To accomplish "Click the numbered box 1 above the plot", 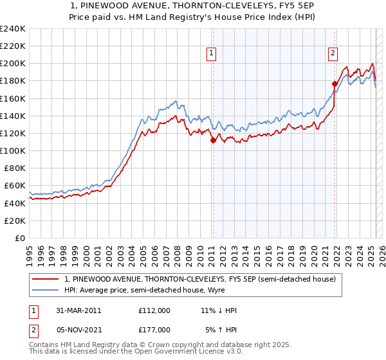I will coord(212,54).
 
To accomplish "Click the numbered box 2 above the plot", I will coord(333,54).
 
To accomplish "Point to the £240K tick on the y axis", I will coord(14,29).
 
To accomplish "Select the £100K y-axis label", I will coord(14,150).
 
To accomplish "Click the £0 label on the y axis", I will coord(21,238).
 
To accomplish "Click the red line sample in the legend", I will coord(46,279).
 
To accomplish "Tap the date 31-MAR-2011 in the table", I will coord(78,310).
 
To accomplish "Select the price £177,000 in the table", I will coord(154,330).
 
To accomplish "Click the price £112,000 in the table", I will coord(154,310).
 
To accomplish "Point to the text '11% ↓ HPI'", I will coord(219,310).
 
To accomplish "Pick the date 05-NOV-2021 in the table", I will coord(78,330).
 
